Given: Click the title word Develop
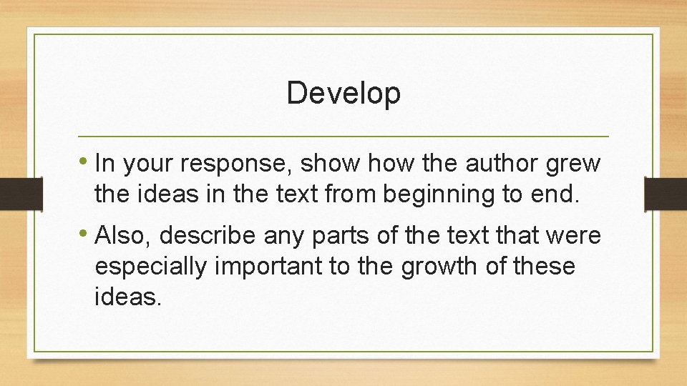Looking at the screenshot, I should coord(343,94).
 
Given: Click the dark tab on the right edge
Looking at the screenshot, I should coord(665,194).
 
